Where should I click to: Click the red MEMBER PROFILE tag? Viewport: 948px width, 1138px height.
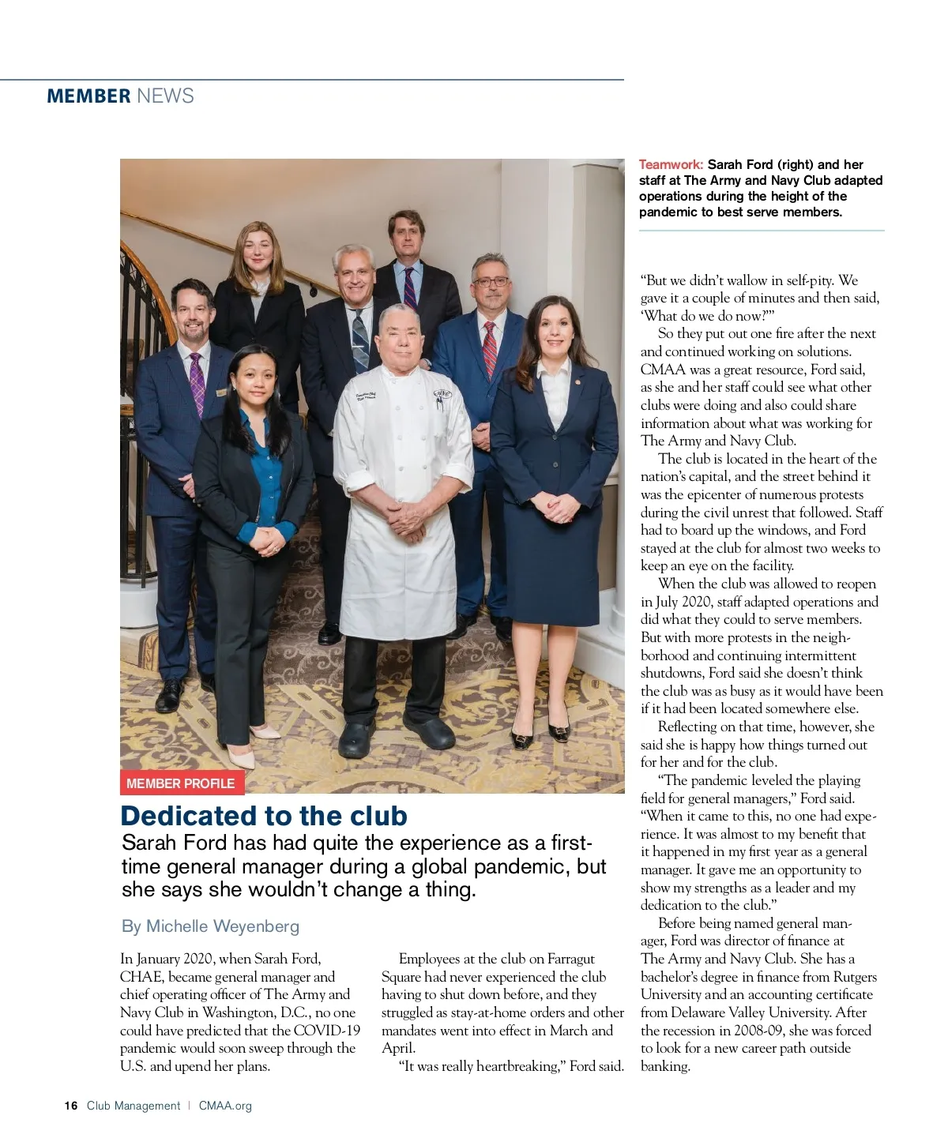click(181, 783)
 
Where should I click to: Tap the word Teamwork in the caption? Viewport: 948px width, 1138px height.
click(671, 165)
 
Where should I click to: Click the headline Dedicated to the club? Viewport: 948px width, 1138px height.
click(264, 815)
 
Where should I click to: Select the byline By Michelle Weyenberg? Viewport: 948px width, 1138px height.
click(211, 926)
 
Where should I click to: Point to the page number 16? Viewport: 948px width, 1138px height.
click(71, 1106)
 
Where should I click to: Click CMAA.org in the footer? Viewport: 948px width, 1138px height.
click(225, 1106)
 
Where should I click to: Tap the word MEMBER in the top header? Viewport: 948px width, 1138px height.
click(88, 96)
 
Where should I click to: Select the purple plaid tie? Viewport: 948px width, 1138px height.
click(197, 384)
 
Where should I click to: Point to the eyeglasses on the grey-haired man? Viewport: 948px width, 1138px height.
click(491, 281)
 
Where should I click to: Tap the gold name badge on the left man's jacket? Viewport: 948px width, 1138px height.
click(221, 392)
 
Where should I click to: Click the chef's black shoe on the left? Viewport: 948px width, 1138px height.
click(357, 738)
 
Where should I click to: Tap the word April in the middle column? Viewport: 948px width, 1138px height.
click(397, 1048)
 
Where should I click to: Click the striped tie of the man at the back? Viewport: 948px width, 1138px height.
click(410, 287)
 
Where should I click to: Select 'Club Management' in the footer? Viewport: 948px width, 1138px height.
click(134, 1106)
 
